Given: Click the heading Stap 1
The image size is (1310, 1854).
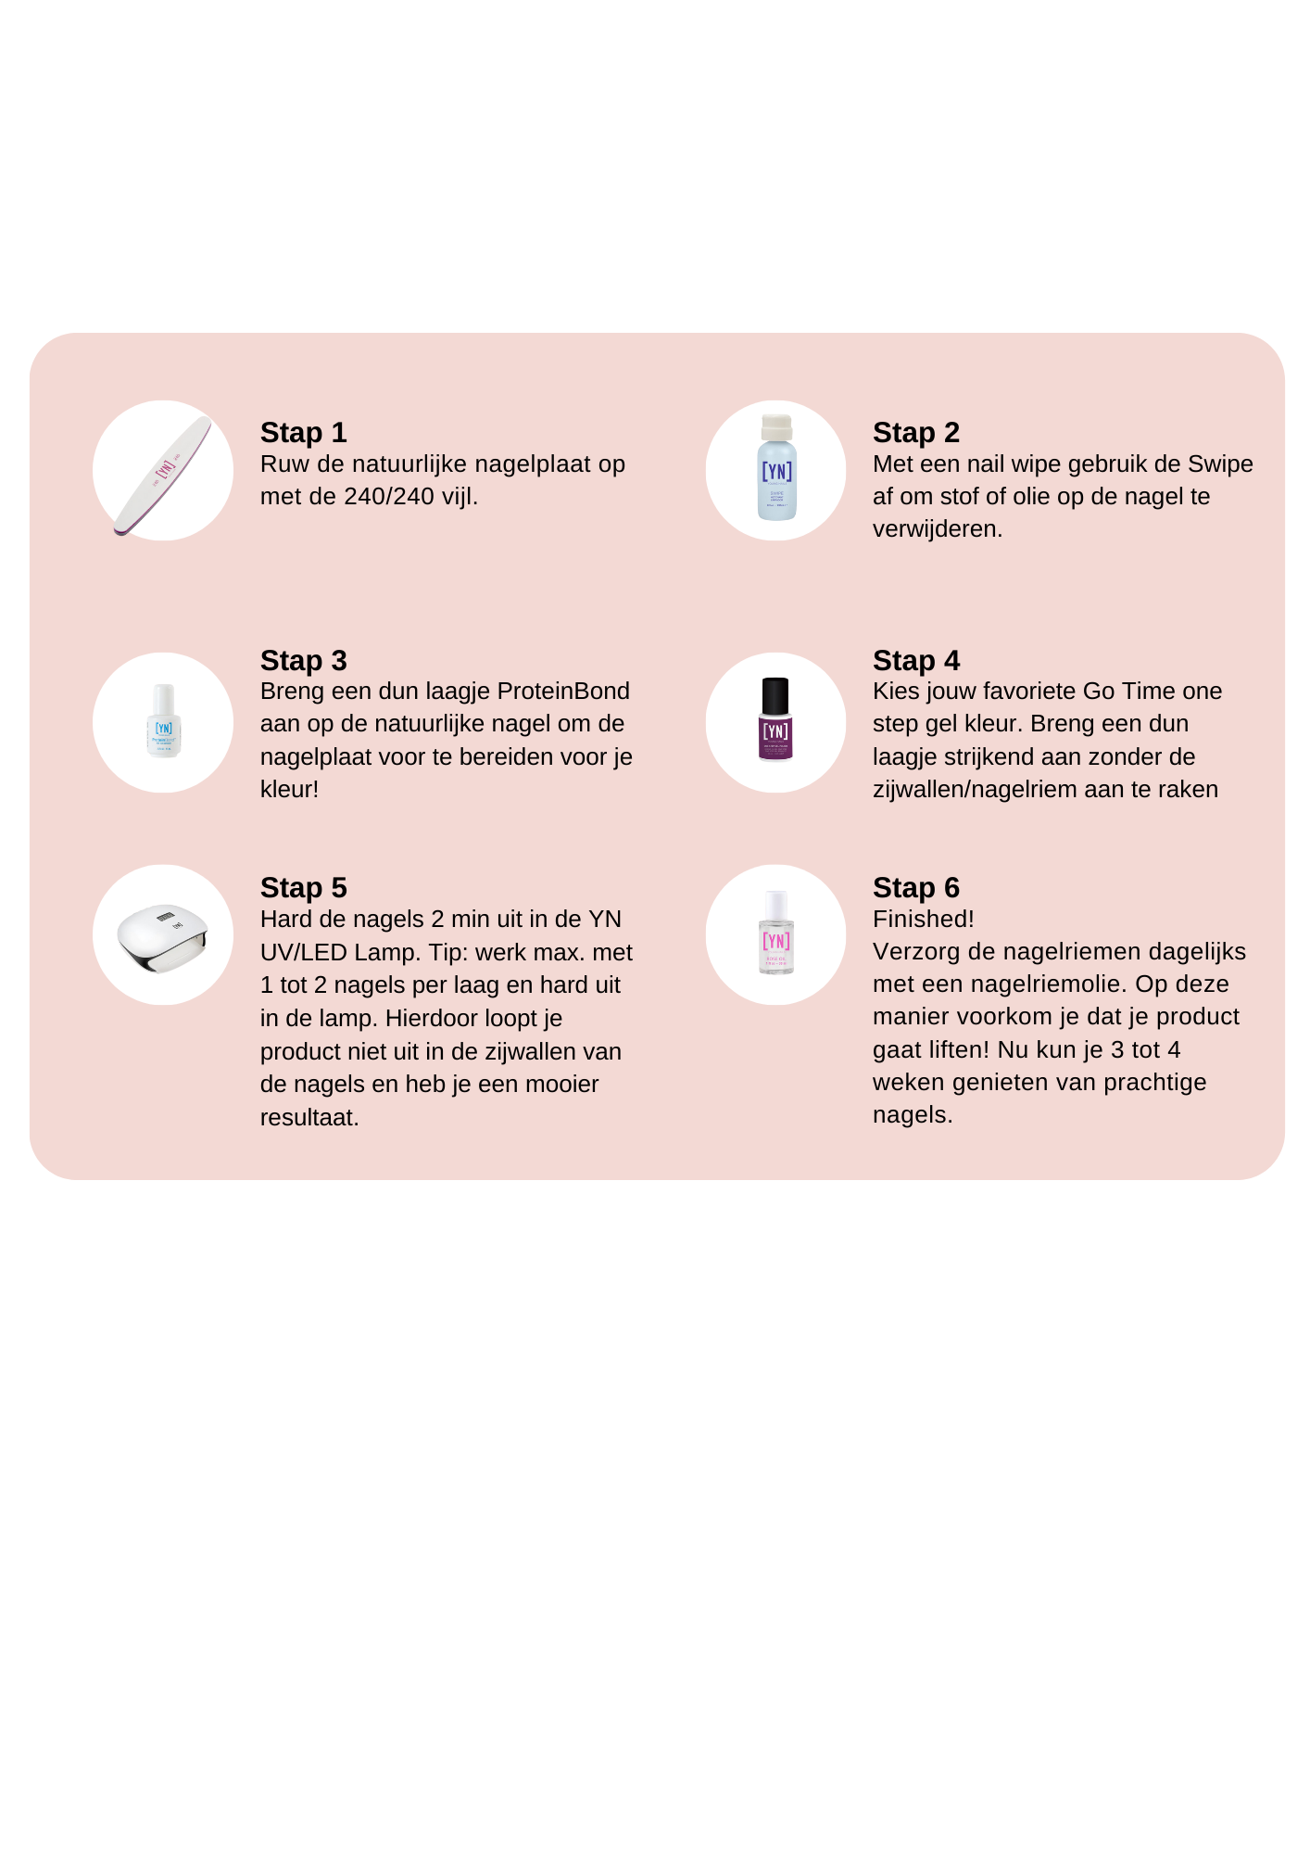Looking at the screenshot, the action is pyautogui.click(x=303, y=433).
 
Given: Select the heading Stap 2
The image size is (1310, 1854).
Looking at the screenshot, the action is pyautogui.click(x=916, y=433).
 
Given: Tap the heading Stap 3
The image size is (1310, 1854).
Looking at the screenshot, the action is pyautogui.click(x=303, y=661).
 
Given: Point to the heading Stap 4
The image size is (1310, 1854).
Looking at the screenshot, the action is pyautogui.click(x=916, y=661).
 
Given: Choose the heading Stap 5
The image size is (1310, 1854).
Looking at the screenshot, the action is pyautogui.click(x=303, y=888).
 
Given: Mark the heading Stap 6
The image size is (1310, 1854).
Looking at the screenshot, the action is pyautogui.click(x=916, y=888).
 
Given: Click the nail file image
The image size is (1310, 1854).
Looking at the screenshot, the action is pyautogui.click(x=163, y=476).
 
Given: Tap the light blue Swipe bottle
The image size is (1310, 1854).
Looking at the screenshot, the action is pyautogui.click(x=776, y=467).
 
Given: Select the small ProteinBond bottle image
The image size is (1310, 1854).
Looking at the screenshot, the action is pyautogui.click(x=164, y=720).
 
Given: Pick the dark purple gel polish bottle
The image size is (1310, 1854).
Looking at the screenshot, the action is pyautogui.click(x=775, y=719).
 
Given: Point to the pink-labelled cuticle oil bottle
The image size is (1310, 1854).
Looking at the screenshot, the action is pyautogui.click(x=776, y=933).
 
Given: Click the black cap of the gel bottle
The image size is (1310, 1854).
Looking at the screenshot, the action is pyautogui.click(x=775, y=695).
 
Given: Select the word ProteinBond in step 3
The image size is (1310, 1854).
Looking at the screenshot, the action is pyautogui.click(x=563, y=692).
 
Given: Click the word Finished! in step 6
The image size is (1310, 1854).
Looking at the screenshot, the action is pyautogui.click(x=924, y=920).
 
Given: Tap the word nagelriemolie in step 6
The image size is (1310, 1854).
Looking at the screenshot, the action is pyautogui.click(x=1052, y=984).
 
